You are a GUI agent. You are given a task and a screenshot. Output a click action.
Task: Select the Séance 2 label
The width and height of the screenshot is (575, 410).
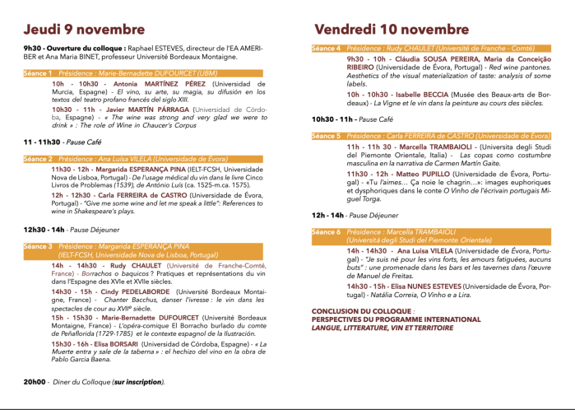(x=36, y=158)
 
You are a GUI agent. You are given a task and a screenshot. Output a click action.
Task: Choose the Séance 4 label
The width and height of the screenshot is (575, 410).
(x=326, y=49)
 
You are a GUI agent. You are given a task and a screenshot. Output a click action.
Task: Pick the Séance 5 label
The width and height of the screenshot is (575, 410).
(x=326, y=135)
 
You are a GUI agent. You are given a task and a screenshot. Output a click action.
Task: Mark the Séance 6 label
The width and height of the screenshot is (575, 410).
(x=326, y=232)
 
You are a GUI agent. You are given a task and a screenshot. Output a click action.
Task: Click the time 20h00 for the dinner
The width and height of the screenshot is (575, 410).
(x=35, y=382)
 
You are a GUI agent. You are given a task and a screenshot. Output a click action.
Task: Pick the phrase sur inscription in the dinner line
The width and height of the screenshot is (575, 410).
(x=137, y=382)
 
